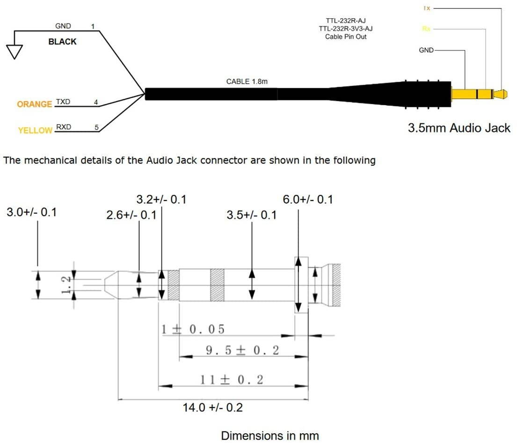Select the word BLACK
click(62, 42)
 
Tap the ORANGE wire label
click(34, 104)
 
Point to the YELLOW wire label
click(35, 131)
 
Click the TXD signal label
click(63, 101)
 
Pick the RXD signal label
click(63, 127)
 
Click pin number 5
click(96, 127)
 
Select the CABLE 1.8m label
click(247, 81)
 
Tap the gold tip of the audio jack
click(502, 94)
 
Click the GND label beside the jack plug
click(426, 50)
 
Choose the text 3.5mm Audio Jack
click(459, 128)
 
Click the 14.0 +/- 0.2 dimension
click(212, 407)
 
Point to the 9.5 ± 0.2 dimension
click(242, 350)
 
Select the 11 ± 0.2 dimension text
click(231, 379)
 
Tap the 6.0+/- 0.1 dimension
click(308, 200)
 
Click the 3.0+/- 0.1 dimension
click(31, 212)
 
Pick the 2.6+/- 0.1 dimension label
click(131, 215)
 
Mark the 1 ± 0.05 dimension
click(193, 329)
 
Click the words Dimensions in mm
click(269, 436)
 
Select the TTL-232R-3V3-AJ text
click(346, 29)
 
